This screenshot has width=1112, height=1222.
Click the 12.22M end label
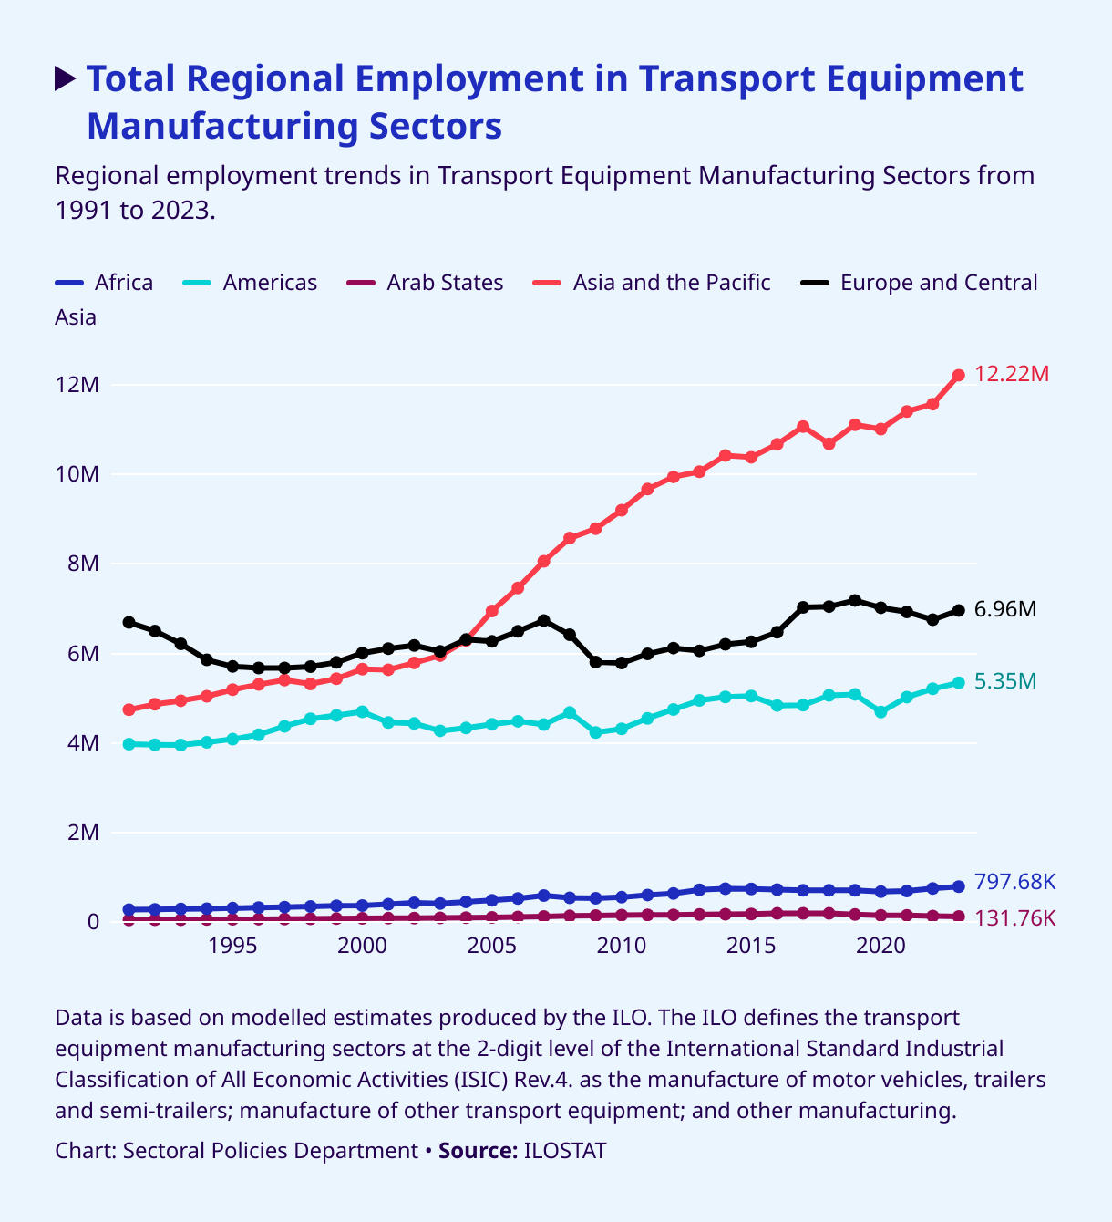pos(1012,374)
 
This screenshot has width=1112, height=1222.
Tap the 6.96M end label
pos(1004,609)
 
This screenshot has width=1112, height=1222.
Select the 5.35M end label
pos(1004,681)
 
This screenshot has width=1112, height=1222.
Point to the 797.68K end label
pos(1014,882)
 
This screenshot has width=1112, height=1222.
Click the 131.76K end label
pos(1014,918)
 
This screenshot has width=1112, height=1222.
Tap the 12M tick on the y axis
pos(77,385)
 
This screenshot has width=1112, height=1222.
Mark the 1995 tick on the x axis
pos(232,945)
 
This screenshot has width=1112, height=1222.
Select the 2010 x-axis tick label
pos(621,945)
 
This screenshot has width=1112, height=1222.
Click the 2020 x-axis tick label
pos(880,945)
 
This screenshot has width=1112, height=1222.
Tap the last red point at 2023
pos(958,376)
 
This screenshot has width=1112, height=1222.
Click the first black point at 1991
pos(129,622)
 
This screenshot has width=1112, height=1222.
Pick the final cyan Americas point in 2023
pos(958,682)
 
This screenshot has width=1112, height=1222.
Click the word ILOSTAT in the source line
pos(564,1151)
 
